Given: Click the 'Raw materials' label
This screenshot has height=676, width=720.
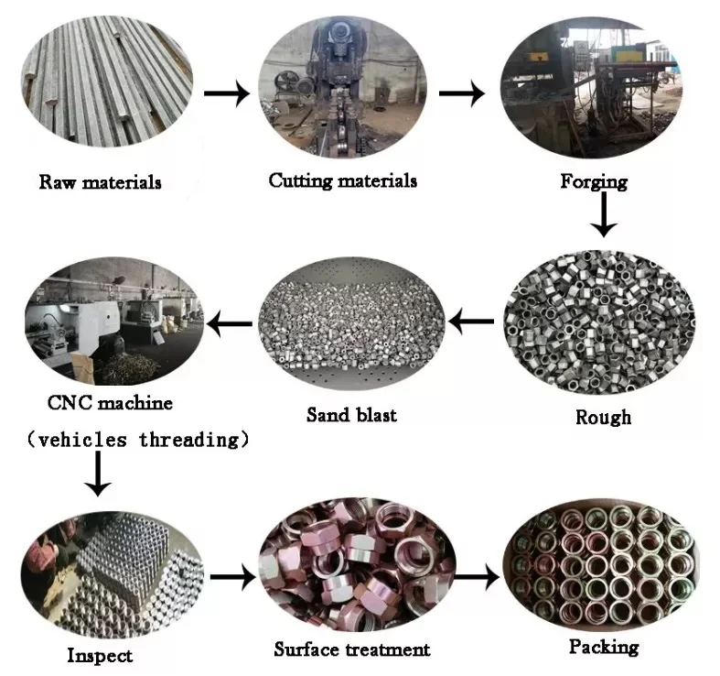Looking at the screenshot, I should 100,181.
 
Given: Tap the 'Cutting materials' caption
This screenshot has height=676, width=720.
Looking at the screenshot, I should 342,180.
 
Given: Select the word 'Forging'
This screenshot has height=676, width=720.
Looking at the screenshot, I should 594,180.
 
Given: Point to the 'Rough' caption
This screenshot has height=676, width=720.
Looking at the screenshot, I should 603,417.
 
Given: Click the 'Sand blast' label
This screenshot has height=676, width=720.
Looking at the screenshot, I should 351,415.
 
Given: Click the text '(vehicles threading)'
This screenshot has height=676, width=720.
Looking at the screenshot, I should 137,440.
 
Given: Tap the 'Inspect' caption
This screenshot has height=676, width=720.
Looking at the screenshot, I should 100,655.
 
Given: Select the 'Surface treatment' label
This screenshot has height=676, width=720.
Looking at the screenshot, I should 351,649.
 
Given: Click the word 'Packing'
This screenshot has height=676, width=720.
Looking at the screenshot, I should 603,647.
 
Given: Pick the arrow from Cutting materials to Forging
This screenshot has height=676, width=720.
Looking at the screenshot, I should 462,93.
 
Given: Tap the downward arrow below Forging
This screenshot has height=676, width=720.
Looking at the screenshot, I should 603,217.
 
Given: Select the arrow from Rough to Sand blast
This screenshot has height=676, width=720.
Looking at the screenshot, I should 474,322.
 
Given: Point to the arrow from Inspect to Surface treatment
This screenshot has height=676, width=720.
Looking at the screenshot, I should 232,578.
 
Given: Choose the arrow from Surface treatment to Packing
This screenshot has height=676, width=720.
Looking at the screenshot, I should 476,578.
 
